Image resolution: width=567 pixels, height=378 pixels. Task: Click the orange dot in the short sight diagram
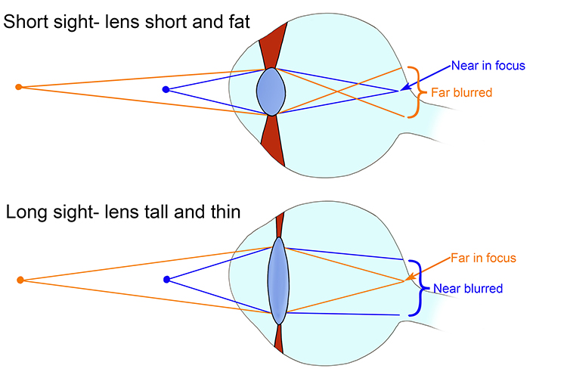coord(19,87)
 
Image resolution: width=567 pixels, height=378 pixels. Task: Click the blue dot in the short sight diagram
coord(165,90)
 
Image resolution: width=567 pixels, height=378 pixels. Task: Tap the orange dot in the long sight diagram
coord(19,280)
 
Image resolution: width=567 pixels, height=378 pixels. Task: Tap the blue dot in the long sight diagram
coord(166,280)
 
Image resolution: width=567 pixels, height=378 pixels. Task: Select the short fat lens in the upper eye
coord(271,91)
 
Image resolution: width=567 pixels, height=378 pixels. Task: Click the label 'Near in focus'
coord(488,66)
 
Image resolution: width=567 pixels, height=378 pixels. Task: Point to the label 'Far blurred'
coord(461,93)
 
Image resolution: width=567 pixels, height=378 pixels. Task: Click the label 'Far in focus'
coord(483,258)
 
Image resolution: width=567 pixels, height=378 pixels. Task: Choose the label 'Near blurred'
coord(467,288)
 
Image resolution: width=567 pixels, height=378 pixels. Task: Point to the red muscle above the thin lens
coord(279,225)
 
